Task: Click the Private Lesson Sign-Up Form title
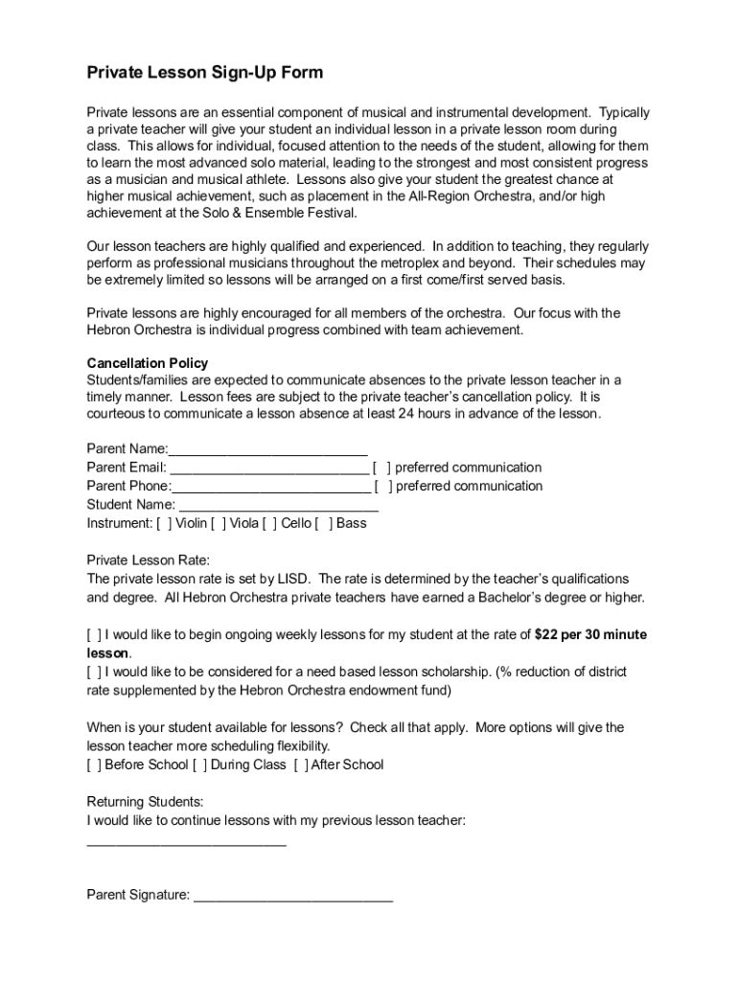tap(205, 73)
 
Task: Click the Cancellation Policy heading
tap(148, 363)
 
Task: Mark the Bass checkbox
tap(325, 523)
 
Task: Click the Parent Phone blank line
tap(270, 487)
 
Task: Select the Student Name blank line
tap(279, 506)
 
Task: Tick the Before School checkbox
tap(94, 764)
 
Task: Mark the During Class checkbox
tap(199, 764)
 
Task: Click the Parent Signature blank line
tap(293, 897)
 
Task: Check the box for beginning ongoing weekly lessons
tap(94, 634)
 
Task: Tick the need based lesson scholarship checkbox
tap(94, 672)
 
